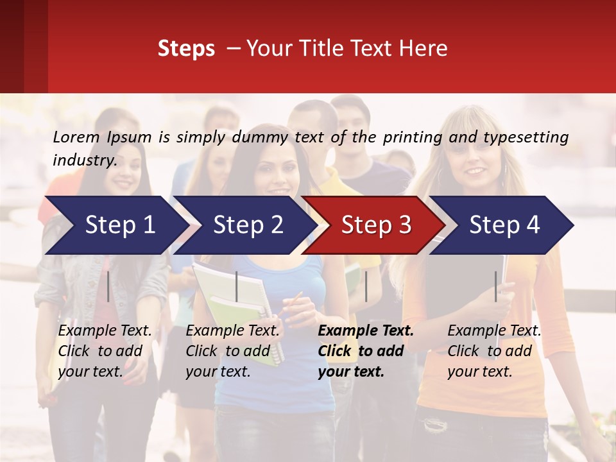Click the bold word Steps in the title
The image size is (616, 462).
pos(186,49)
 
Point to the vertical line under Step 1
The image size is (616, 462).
pos(108,286)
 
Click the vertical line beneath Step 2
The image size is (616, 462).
pos(237,286)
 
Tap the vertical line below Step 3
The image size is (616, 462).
pos(366,286)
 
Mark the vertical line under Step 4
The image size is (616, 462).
pos(495,286)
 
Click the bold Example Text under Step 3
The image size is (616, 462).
pos(366,331)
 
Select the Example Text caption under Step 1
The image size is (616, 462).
pos(105,331)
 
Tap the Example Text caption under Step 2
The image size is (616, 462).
pos(233,331)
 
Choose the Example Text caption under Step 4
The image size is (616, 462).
pos(494,331)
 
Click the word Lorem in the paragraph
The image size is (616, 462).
pos(76,137)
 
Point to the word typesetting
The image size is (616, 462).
pos(526,137)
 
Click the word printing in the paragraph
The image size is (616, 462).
pos(414,137)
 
